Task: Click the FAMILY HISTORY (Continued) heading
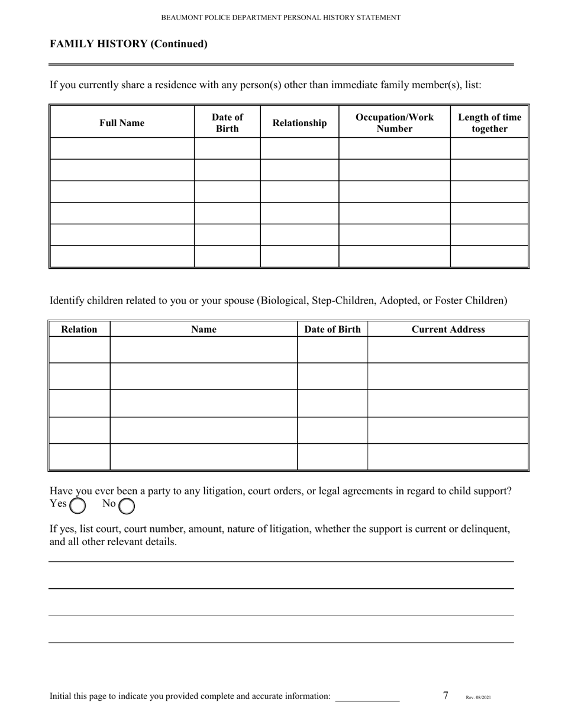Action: [128, 44]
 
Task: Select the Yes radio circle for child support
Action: [77, 505]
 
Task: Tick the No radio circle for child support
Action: [127, 505]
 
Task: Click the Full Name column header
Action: [122, 123]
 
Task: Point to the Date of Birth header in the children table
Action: [332, 330]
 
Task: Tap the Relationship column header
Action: [299, 123]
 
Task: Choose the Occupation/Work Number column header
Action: [395, 123]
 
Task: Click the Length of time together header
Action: [489, 123]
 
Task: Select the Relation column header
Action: [79, 330]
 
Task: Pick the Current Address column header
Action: [448, 330]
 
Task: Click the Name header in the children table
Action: [204, 330]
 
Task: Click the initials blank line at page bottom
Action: [367, 697]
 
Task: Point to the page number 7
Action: [445, 695]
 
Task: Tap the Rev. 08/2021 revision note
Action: [478, 698]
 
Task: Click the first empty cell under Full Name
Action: [122, 149]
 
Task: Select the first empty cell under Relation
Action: [79, 350]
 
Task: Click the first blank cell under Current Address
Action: [448, 350]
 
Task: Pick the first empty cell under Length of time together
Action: [489, 149]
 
